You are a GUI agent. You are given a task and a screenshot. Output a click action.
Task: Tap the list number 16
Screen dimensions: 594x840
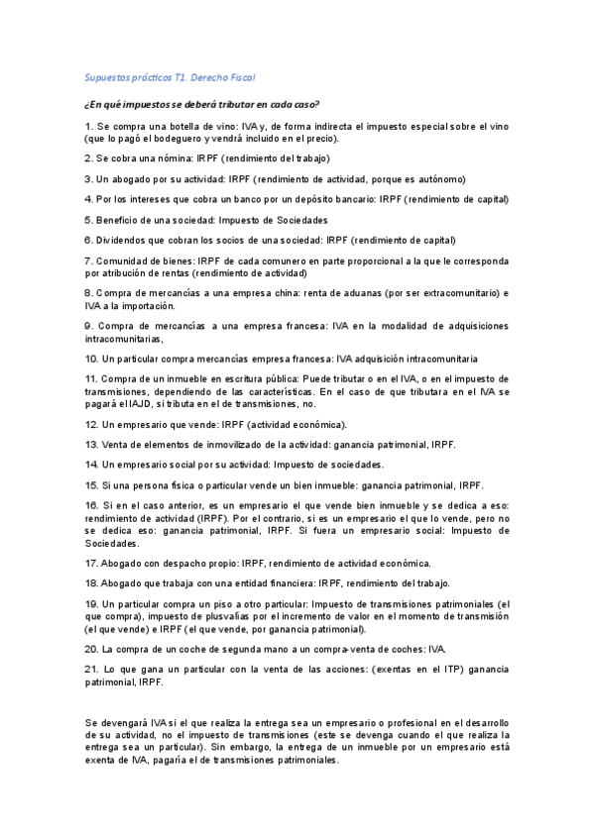coord(91,505)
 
